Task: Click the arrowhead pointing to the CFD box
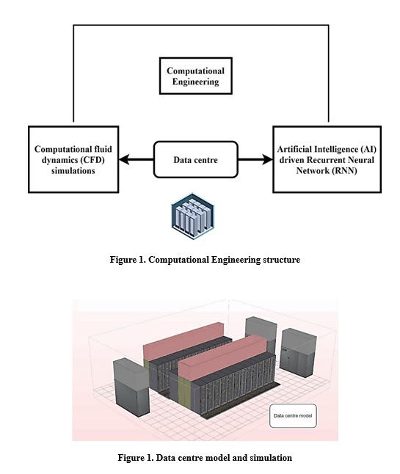124,159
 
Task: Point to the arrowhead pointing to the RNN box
267,159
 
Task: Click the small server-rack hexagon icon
193,216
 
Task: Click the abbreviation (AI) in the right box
368,150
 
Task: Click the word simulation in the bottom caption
271,458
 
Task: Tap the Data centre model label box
293,416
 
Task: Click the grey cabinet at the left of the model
131,387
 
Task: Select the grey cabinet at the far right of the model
298,352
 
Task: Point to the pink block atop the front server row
223,357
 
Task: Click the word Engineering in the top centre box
196,82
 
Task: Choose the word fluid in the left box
101,149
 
